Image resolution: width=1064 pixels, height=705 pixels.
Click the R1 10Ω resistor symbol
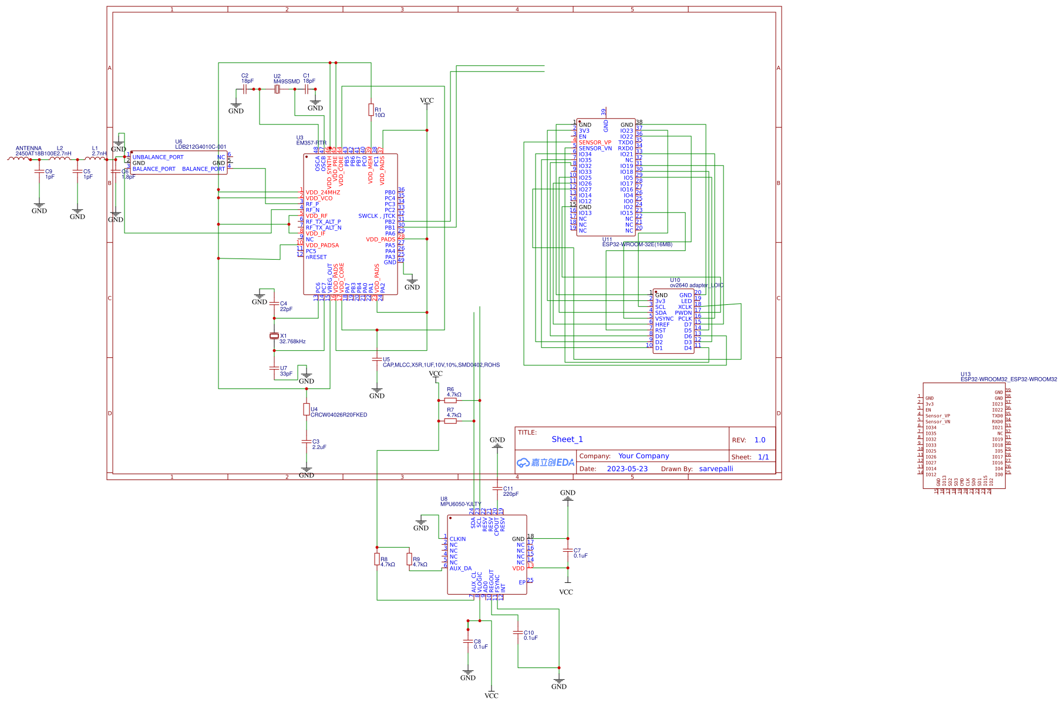click(371, 110)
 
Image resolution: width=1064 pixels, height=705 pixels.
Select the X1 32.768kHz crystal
click(274, 336)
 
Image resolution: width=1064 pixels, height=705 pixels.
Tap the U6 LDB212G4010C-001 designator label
click(200, 147)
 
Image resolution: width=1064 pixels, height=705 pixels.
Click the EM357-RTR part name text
click(311, 143)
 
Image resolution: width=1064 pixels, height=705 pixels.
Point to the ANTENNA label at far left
click(29, 149)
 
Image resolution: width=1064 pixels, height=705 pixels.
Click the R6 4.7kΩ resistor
click(450, 401)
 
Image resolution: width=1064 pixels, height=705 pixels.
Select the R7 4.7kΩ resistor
click(450, 421)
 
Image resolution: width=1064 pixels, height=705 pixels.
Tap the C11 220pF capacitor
click(497, 489)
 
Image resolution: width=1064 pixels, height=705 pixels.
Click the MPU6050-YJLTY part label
click(460, 504)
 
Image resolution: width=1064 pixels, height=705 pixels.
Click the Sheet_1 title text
click(567, 439)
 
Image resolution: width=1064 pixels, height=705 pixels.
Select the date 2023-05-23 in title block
click(627, 469)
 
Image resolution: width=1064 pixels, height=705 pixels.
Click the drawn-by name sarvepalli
click(716, 469)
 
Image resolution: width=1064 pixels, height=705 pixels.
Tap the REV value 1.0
click(760, 440)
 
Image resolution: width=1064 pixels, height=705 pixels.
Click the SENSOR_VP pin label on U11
click(595, 143)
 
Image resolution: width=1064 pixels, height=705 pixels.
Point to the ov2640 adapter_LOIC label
click(696, 286)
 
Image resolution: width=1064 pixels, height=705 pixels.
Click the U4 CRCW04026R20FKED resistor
click(307, 409)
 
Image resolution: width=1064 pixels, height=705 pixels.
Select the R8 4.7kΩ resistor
click(377, 559)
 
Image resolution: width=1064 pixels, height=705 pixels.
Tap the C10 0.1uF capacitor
click(518, 633)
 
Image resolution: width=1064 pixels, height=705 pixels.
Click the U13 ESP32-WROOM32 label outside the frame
click(1008, 380)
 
